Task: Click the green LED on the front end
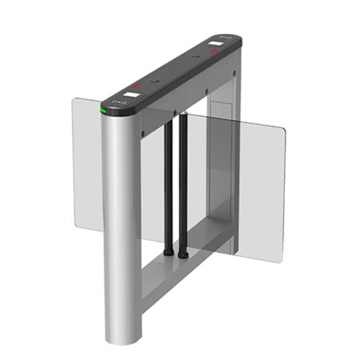[x=103, y=111]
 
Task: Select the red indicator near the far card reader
[x=213, y=51]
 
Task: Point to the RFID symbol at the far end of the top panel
[x=225, y=38]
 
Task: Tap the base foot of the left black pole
[x=168, y=253]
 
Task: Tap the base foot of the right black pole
[x=182, y=254]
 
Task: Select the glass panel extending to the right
[x=247, y=180]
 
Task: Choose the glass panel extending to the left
[x=85, y=165]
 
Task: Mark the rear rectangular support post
[x=231, y=154]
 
